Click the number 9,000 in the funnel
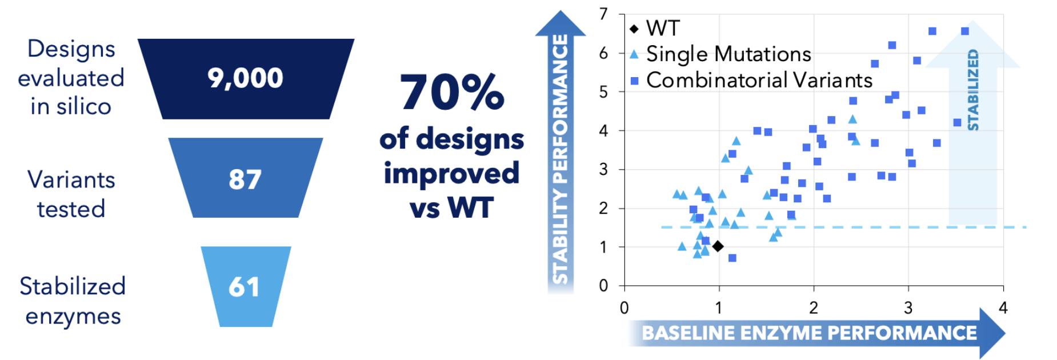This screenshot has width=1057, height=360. click(x=245, y=78)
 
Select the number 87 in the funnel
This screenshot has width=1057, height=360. click(x=245, y=179)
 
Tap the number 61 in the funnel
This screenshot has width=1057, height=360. click(x=244, y=286)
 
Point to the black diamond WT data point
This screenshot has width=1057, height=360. click(x=718, y=246)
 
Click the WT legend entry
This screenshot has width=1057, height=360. click(x=654, y=28)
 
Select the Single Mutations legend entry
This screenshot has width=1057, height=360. click(x=720, y=54)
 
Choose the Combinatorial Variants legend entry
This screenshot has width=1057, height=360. click(x=751, y=81)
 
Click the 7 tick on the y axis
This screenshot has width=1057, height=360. click(x=603, y=14)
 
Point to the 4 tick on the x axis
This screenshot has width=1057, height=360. click(x=1003, y=308)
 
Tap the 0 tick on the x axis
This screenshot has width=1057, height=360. click(x=624, y=308)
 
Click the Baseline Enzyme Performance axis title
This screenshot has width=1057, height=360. click(x=809, y=333)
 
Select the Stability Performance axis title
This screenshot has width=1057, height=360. click(x=560, y=159)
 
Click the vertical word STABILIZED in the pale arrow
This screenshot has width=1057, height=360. click(x=973, y=90)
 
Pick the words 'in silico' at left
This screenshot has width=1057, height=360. click(x=71, y=106)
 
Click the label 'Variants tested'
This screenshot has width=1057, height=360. click(x=71, y=194)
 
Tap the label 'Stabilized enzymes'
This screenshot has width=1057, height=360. click(x=73, y=301)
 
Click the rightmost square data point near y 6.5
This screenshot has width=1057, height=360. click(x=965, y=31)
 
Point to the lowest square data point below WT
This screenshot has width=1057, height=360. click(x=732, y=258)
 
